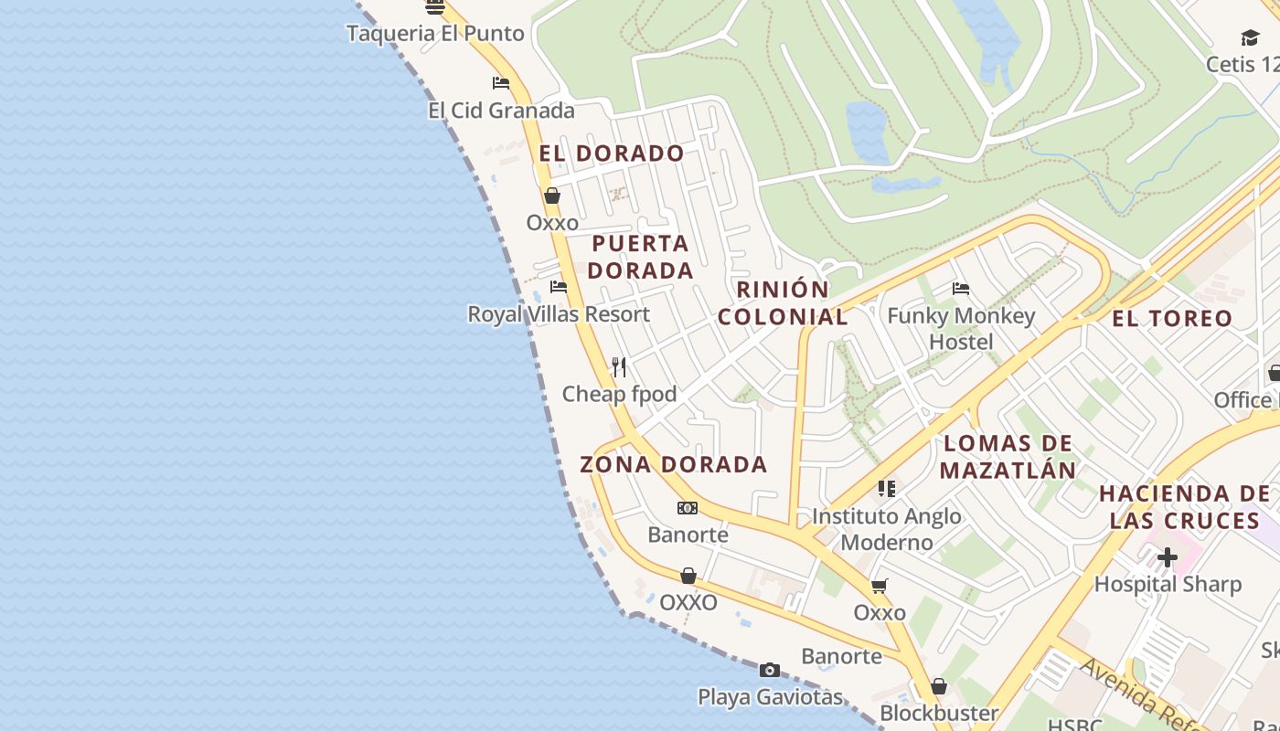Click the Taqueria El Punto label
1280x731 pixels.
tap(435, 34)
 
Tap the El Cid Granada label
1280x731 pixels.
tap(501, 111)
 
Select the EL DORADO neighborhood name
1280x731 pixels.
tap(612, 154)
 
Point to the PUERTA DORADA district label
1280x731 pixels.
tap(640, 257)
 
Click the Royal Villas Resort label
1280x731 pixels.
tap(559, 314)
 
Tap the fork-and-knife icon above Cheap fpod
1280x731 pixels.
tap(619, 367)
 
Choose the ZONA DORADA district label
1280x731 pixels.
tap(674, 464)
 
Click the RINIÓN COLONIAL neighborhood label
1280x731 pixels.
tap(783, 303)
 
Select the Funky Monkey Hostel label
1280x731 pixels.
tap(961, 329)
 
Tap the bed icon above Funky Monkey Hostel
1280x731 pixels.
tap(961, 289)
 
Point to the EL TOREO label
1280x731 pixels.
tap(1172, 319)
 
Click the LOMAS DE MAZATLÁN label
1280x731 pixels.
tap(1008, 457)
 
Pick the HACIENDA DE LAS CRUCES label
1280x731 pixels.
tap(1184, 507)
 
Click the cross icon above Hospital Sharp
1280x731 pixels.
tap(1168, 556)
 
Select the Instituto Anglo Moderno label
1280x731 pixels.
tap(886, 529)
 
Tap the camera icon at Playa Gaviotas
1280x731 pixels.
tap(770, 671)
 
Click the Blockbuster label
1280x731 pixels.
tap(939, 713)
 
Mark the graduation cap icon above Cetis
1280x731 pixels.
tap(1250, 37)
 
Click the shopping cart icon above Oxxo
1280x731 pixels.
tap(880, 586)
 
